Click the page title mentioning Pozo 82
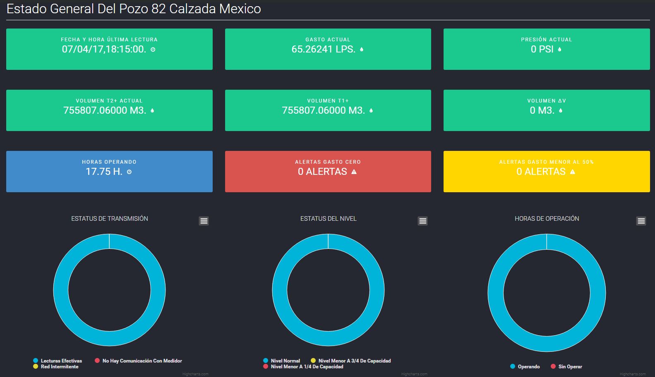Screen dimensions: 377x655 click(x=134, y=9)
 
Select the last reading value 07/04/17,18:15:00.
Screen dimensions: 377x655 click(x=104, y=49)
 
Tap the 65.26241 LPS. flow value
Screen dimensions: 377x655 click(x=323, y=49)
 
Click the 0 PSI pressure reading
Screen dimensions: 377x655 click(x=542, y=49)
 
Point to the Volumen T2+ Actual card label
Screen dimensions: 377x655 click(x=109, y=101)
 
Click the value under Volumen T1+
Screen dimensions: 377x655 click(x=323, y=110)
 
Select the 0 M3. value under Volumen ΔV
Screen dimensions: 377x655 click(x=542, y=110)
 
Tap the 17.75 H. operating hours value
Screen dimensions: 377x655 click(x=104, y=172)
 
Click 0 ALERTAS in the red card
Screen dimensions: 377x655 click(x=322, y=172)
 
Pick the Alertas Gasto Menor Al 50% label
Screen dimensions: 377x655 click(x=546, y=162)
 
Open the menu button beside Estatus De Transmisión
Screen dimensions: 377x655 click(x=204, y=221)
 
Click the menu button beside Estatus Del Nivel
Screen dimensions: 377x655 click(x=422, y=221)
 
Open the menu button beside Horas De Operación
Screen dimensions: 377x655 click(x=641, y=221)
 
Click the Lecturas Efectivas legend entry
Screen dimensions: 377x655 click(x=61, y=361)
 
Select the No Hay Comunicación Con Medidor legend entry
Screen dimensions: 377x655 click(x=142, y=361)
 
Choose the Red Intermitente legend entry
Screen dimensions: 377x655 click(x=60, y=367)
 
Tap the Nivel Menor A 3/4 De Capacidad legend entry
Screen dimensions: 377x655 click(x=354, y=361)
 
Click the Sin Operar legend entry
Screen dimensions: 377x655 click(x=570, y=367)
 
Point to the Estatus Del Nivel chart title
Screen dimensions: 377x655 click(x=328, y=219)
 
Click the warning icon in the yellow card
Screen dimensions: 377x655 click(x=573, y=172)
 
